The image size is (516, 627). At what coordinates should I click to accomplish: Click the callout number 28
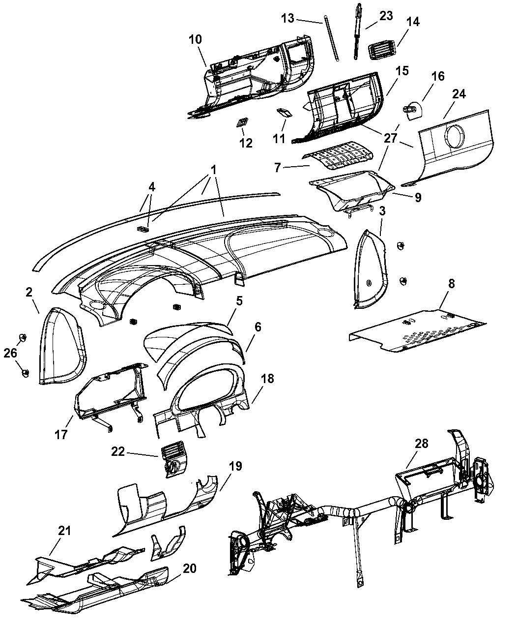421,444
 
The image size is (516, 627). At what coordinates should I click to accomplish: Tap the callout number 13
287,18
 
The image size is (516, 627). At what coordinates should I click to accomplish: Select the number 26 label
10,353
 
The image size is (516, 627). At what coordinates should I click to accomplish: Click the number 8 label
451,283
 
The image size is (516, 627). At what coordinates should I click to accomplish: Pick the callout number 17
61,435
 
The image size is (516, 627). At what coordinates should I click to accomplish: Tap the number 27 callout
391,138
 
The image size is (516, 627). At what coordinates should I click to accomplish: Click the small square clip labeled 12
242,122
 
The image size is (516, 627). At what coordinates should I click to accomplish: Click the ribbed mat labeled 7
338,156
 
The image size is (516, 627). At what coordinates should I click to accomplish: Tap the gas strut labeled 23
358,31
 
